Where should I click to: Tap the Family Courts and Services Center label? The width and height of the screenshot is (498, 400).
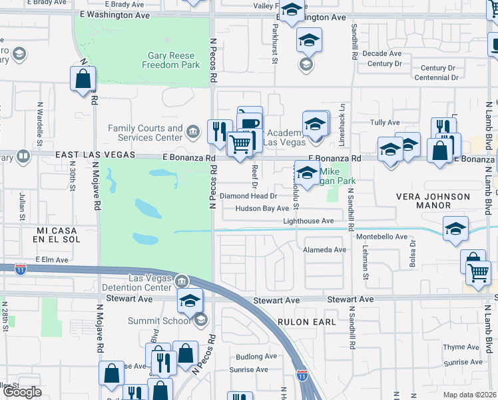[x=145, y=133]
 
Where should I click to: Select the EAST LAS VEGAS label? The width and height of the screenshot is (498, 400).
[x=95, y=155]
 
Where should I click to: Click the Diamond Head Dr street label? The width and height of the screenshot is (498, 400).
[x=248, y=196]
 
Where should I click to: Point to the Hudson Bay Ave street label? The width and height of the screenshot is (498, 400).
[x=262, y=209]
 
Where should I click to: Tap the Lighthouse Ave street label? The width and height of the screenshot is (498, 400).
[x=308, y=221]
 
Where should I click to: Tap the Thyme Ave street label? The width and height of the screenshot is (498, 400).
[x=462, y=347]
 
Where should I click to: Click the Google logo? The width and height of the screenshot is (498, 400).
[x=22, y=392]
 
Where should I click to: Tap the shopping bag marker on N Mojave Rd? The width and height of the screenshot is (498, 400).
[x=83, y=79]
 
